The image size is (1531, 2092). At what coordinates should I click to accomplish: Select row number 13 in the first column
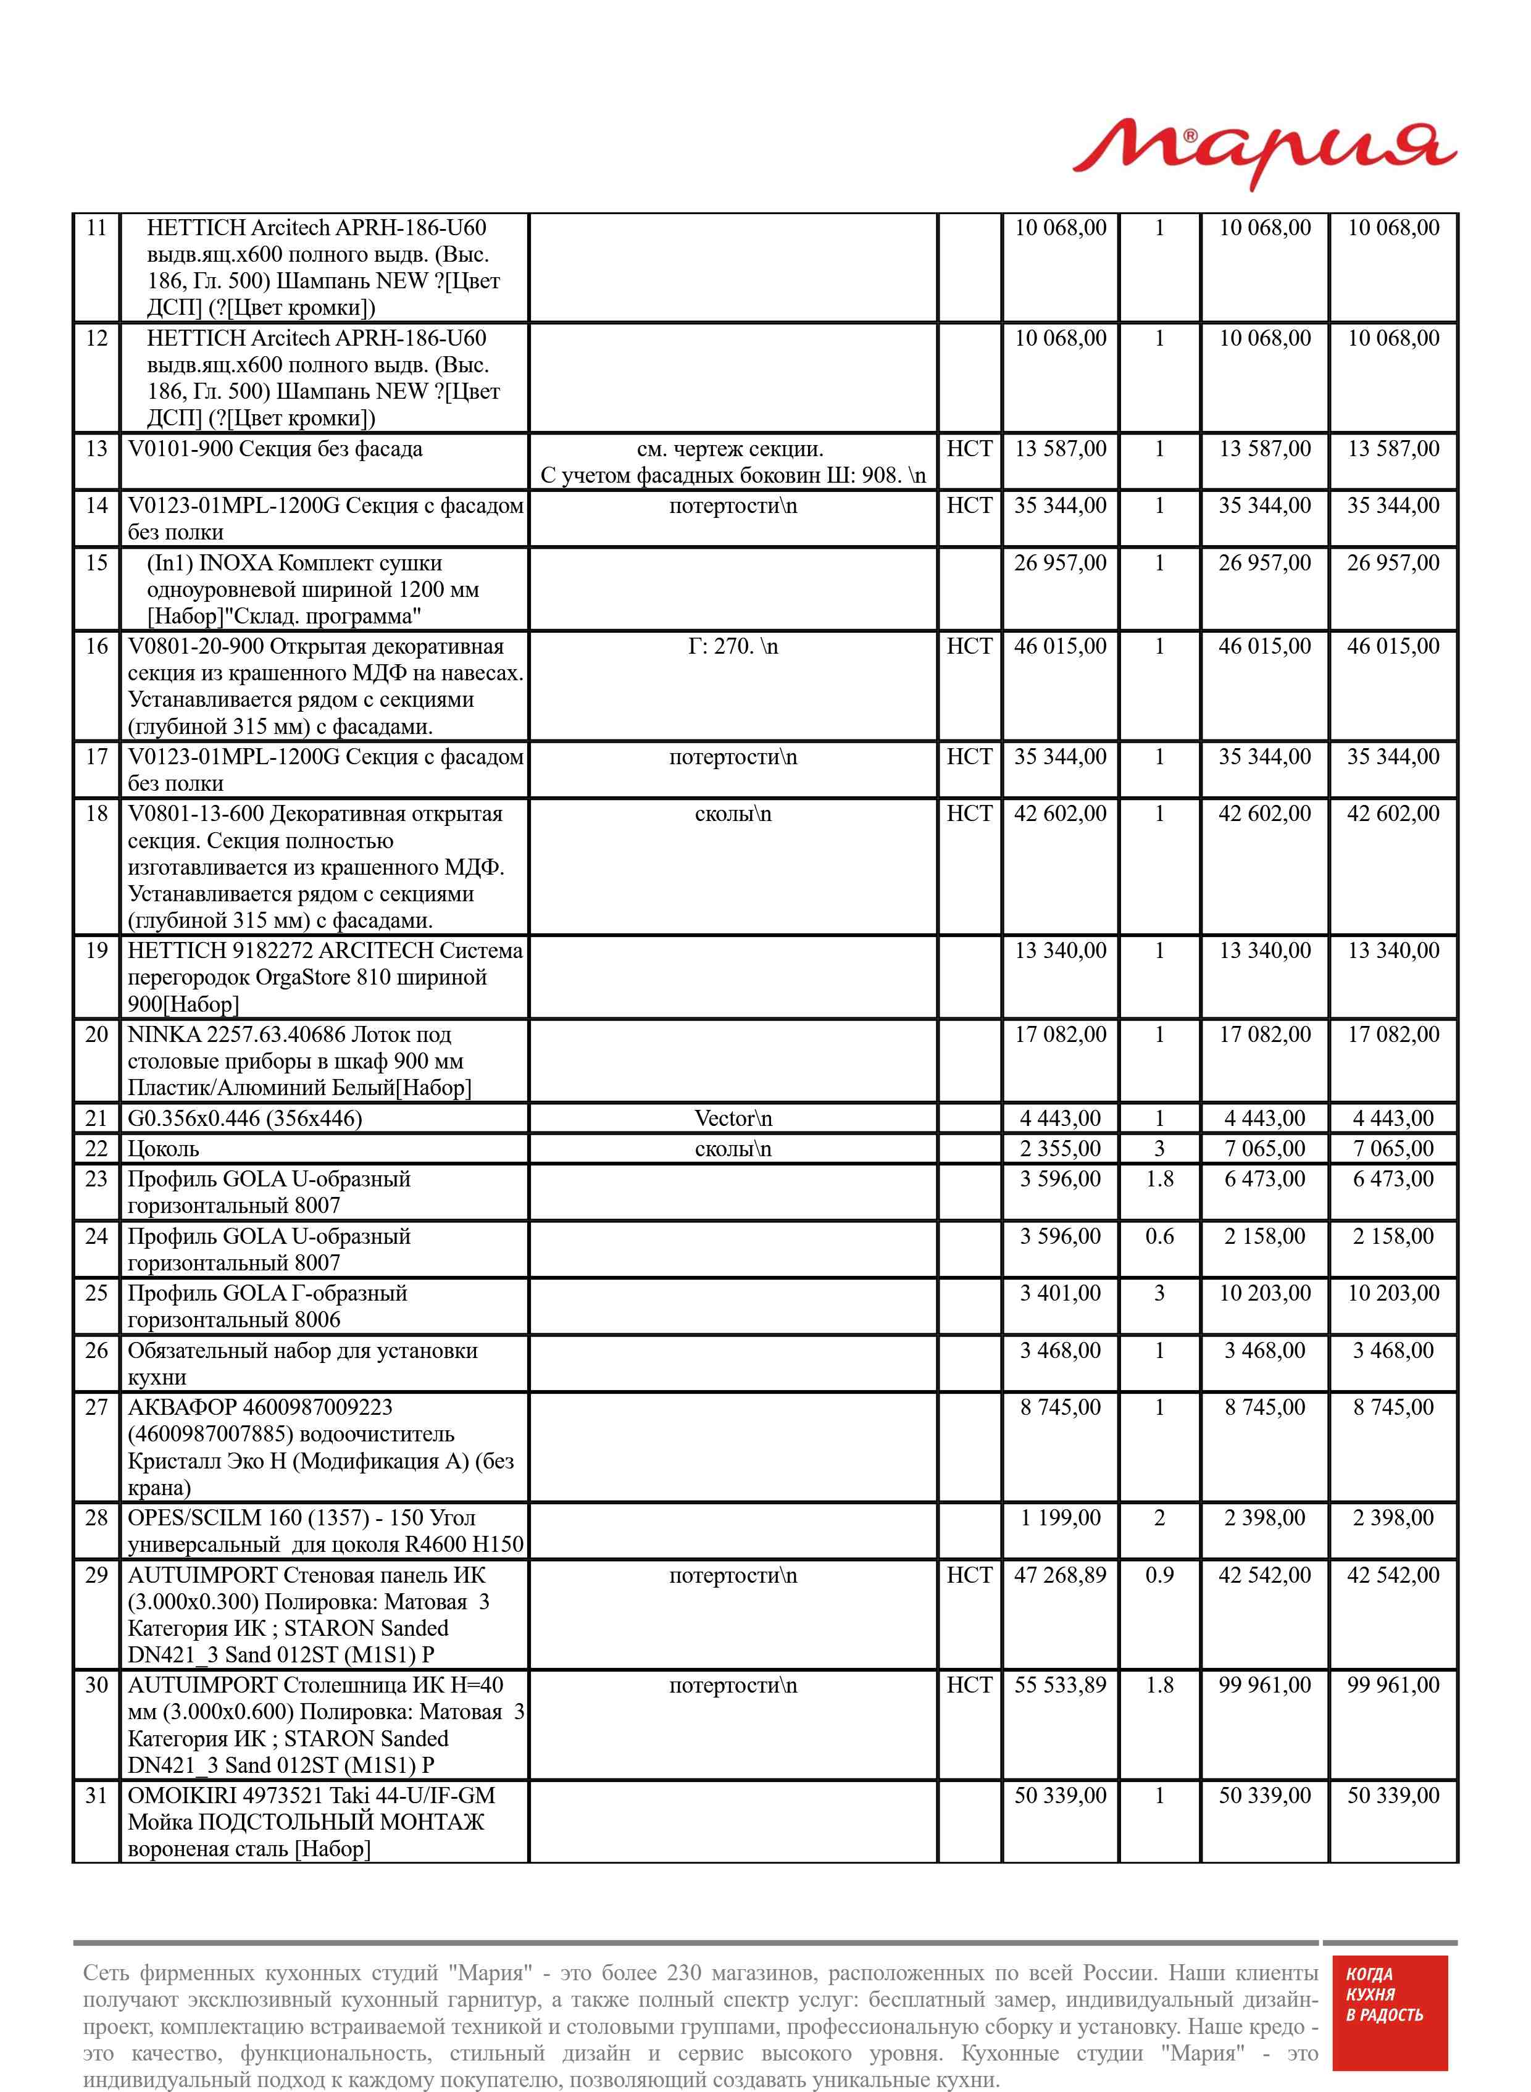tap(96, 449)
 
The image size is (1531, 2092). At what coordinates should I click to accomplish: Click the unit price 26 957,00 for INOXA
tap(1060, 564)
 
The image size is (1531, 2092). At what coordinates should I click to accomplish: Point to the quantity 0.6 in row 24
tap(1159, 1237)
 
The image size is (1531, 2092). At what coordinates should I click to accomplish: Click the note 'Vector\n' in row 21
tap(732, 1119)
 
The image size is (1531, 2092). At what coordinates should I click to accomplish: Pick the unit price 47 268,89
tap(1060, 1575)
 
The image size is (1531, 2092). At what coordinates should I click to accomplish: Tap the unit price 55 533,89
tap(1060, 1685)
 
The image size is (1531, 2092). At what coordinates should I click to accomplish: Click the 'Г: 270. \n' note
tap(732, 647)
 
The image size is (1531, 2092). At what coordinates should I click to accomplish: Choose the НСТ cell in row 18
tap(969, 814)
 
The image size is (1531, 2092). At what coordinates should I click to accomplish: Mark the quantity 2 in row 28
tap(1159, 1517)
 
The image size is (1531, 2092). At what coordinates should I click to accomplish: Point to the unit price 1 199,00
tap(1060, 1517)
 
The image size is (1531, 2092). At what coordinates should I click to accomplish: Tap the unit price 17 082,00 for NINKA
tap(1060, 1035)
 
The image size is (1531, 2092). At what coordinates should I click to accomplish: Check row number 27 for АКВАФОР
tap(96, 1407)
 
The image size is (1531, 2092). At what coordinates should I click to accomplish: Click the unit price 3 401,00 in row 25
tap(1060, 1293)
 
